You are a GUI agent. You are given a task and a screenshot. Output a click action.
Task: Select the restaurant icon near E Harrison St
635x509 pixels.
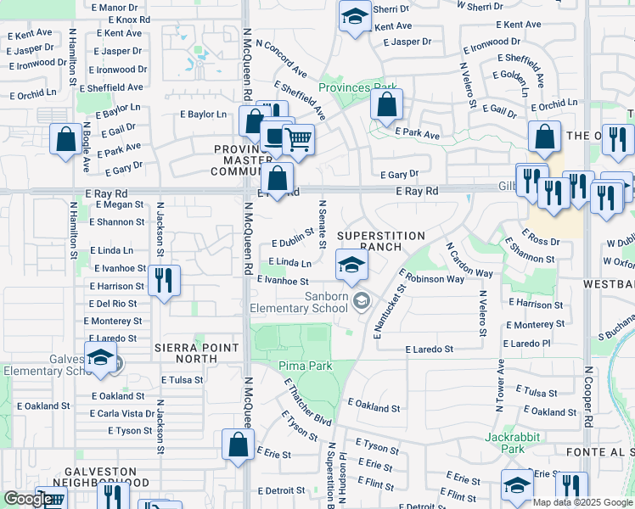pos(164,280)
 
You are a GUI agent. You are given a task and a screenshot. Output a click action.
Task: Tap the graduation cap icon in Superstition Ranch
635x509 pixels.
pos(351,266)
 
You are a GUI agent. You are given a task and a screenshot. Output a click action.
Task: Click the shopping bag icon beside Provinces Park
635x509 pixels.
pos(386,105)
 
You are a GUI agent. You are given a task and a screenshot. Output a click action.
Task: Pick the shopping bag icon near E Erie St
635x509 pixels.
pos(238,444)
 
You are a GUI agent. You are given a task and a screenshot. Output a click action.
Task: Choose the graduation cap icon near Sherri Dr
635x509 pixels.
pos(355,15)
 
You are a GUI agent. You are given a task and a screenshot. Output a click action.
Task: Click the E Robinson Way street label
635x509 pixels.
pos(434,277)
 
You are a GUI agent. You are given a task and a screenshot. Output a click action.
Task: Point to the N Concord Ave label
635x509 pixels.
pos(280,58)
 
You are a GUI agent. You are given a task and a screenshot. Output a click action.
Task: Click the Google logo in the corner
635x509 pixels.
pos(27,499)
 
